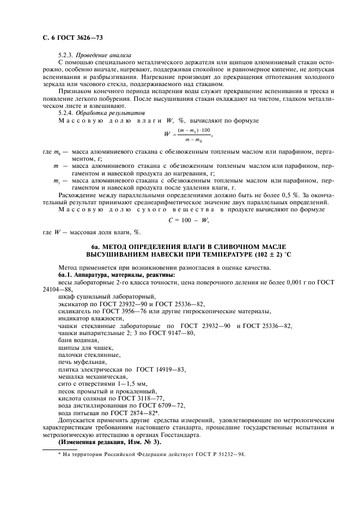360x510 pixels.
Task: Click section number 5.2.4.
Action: coord(66,112)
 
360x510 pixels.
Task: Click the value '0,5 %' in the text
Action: coord(292,193)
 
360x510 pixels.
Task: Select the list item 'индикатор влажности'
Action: coord(87,319)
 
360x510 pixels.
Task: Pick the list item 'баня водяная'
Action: coord(76,340)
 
